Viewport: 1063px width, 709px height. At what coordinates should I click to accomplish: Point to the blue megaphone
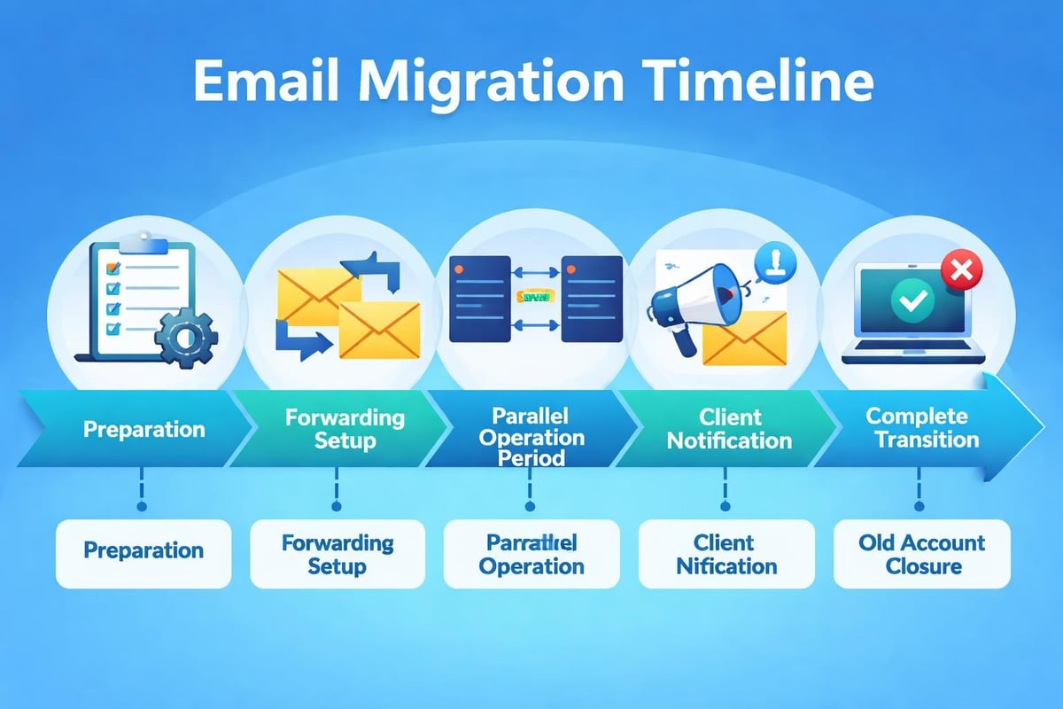[x=692, y=297]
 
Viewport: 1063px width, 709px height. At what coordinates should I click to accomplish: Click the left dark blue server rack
[x=480, y=299]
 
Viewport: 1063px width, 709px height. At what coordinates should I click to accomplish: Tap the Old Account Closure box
[x=922, y=554]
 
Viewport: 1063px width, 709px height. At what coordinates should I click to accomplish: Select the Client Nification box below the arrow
[x=726, y=554]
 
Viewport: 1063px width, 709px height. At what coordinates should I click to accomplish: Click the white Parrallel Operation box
[x=531, y=554]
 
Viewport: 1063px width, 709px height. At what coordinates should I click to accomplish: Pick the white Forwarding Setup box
[x=337, y=554]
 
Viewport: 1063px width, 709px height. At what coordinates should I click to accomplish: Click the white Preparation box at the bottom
[x=144, y=551]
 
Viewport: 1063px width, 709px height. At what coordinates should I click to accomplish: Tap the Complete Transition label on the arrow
[x=922, y=427]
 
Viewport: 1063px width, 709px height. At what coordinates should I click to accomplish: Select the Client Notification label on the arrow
[x=728, y=428]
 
